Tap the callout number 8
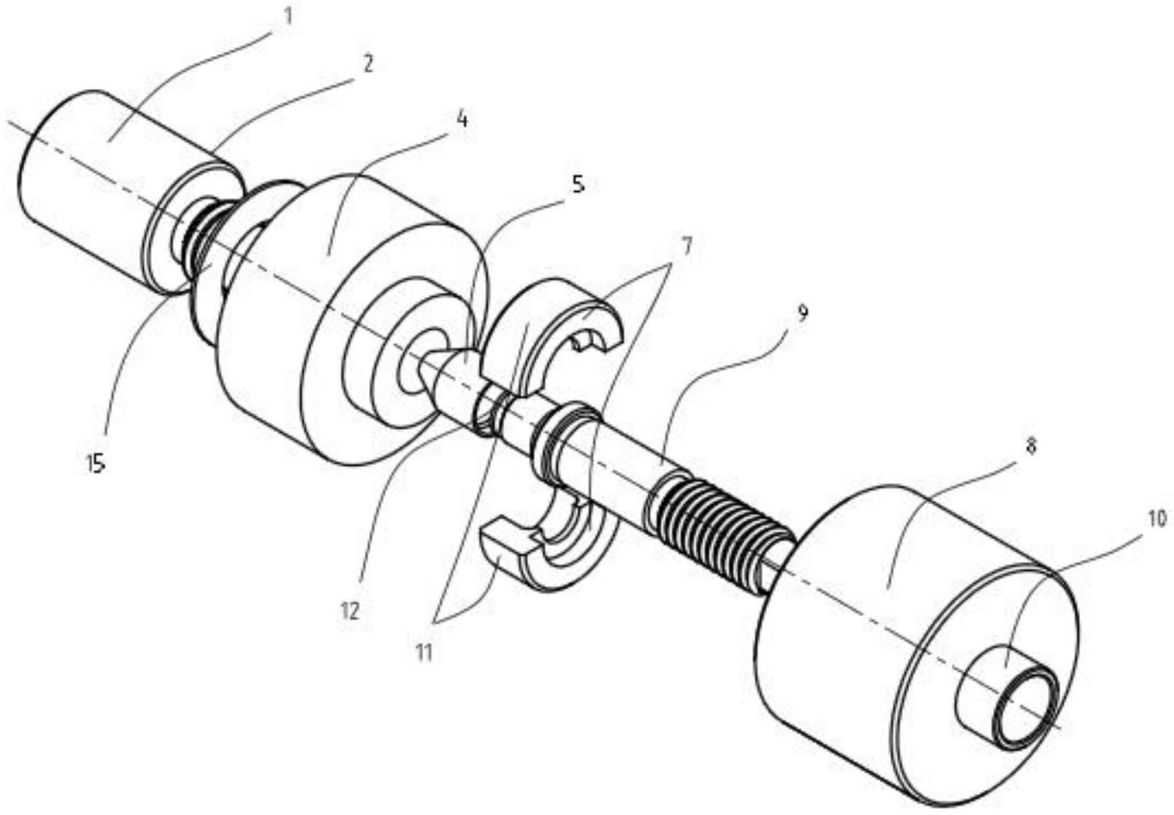[1030, 446]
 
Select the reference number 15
[97, 463]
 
